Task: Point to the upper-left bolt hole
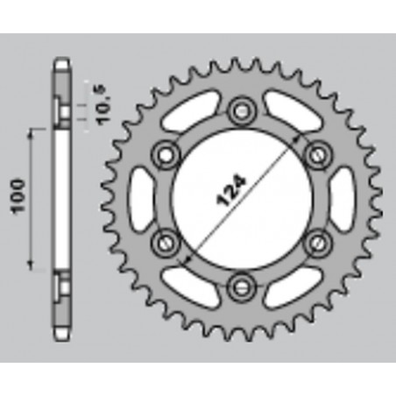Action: (x=164, y=155)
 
